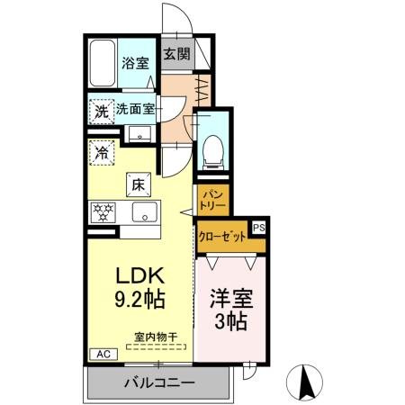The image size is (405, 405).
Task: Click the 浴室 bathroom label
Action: pos(136,65)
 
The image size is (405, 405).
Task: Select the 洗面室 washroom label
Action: pos(136,110)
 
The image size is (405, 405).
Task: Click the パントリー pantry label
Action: pos(212,199)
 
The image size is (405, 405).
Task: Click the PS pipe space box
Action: pos(259,229)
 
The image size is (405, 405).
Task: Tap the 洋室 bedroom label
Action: pos(230,296)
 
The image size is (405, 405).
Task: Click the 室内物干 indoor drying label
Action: pos(155,337)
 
